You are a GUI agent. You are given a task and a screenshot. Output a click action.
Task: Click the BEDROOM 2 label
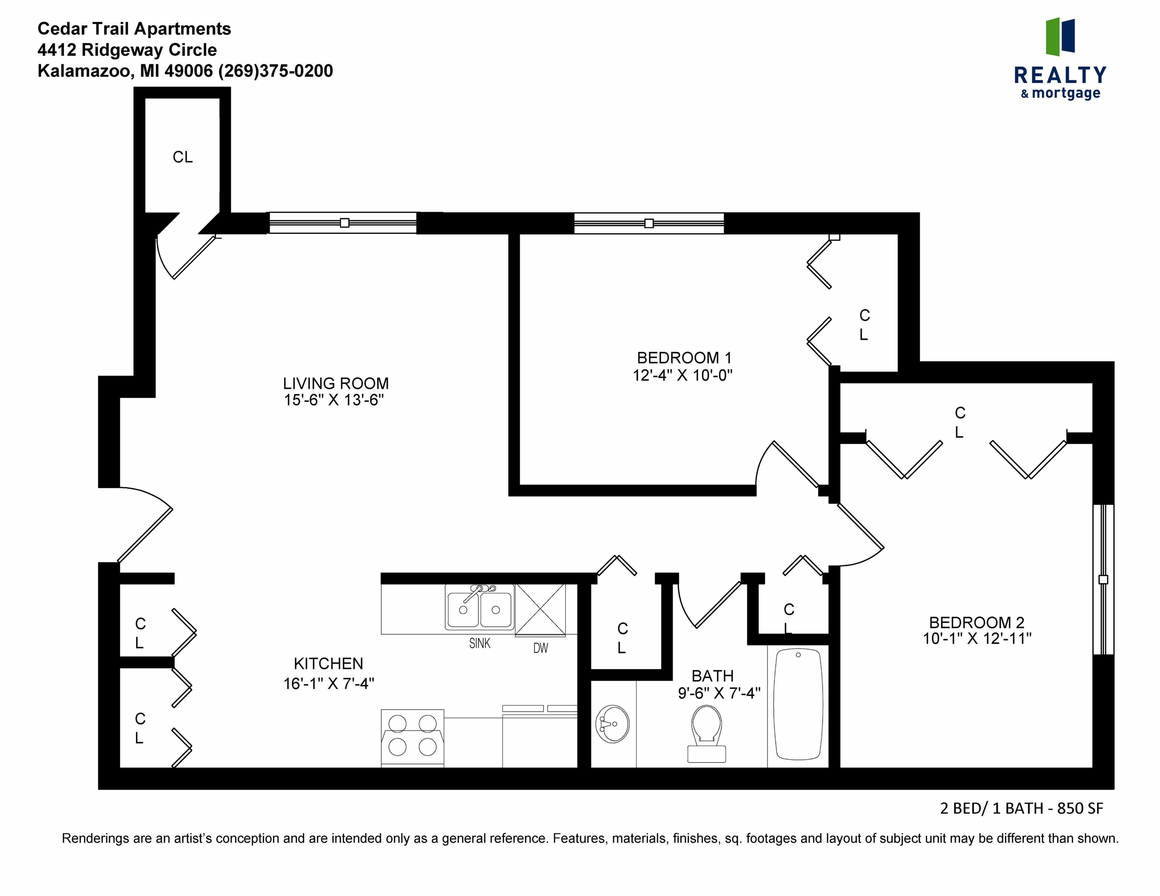point(976,622)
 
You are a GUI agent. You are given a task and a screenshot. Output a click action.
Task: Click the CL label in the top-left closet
point(182,157)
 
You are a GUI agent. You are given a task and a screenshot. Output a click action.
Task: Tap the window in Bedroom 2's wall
point(1103,579)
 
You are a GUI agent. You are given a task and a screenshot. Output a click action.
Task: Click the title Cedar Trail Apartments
point(134,29)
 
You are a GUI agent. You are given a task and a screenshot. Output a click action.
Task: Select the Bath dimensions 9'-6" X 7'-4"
point(719,693)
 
